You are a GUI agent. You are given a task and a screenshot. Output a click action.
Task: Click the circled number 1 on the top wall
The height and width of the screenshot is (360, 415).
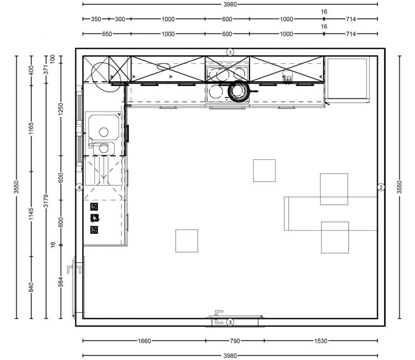pyautogui.click(x=230, y=52)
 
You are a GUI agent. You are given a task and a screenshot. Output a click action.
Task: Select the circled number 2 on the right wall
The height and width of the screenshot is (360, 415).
pyautogui.click(x=381, y=187)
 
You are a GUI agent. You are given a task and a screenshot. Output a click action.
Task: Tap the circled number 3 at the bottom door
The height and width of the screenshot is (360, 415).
pyautogui.click(x=230, y=323)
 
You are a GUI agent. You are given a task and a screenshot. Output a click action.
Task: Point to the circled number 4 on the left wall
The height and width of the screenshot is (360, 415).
pyautogui.click(x=80, y=187)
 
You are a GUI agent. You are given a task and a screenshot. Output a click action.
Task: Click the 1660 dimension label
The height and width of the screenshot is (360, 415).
pyautogui.click(x=144, y=341)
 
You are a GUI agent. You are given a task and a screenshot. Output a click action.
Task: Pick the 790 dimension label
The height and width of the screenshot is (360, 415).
pyautogui.click(x=235, y=341)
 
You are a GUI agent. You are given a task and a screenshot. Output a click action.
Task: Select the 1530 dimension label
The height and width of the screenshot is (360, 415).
pyautogui.click(x=321, y=341)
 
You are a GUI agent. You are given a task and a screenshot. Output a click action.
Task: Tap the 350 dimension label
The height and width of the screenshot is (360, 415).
pyautogui.click(x=96, y=19)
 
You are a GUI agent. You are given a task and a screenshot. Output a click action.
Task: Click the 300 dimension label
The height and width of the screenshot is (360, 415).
pyautogui.click(x=120, y=19)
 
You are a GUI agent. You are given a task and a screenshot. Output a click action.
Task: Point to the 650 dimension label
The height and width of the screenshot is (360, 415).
pyautogui.click(x=107, y=34)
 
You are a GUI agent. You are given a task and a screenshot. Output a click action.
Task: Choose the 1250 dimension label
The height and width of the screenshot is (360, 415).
pyautogui.click(x=61, y=109)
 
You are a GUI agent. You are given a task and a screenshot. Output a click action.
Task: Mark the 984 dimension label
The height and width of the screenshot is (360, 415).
pyautogui.click(x=61, y=282)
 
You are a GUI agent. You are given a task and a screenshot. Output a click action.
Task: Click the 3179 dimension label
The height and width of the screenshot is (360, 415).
pyautogui.click(x=46, y=201)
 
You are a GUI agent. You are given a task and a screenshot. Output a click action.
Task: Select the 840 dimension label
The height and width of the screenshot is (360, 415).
pyautogui.click(x=31, y=287)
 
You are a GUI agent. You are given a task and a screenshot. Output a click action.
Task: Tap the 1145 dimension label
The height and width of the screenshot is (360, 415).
pyautogui.click(x=31, y=214)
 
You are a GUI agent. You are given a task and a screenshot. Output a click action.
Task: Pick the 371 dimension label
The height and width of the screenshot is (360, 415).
pyautogui.click(x=46, y=70)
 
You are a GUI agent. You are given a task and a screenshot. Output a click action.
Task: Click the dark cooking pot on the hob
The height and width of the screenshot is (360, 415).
pyautogui.click(x=239, y=91)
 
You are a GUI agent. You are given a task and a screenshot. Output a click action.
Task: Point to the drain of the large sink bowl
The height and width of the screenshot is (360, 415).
pyautogui.click(x=104, y=132)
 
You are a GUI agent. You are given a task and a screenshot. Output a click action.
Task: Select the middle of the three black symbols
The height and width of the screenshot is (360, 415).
pyautogui.click(x=95, y=218)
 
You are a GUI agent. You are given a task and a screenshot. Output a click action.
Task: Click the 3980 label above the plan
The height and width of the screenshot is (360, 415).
pyautogui.click(x=230, y=4)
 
